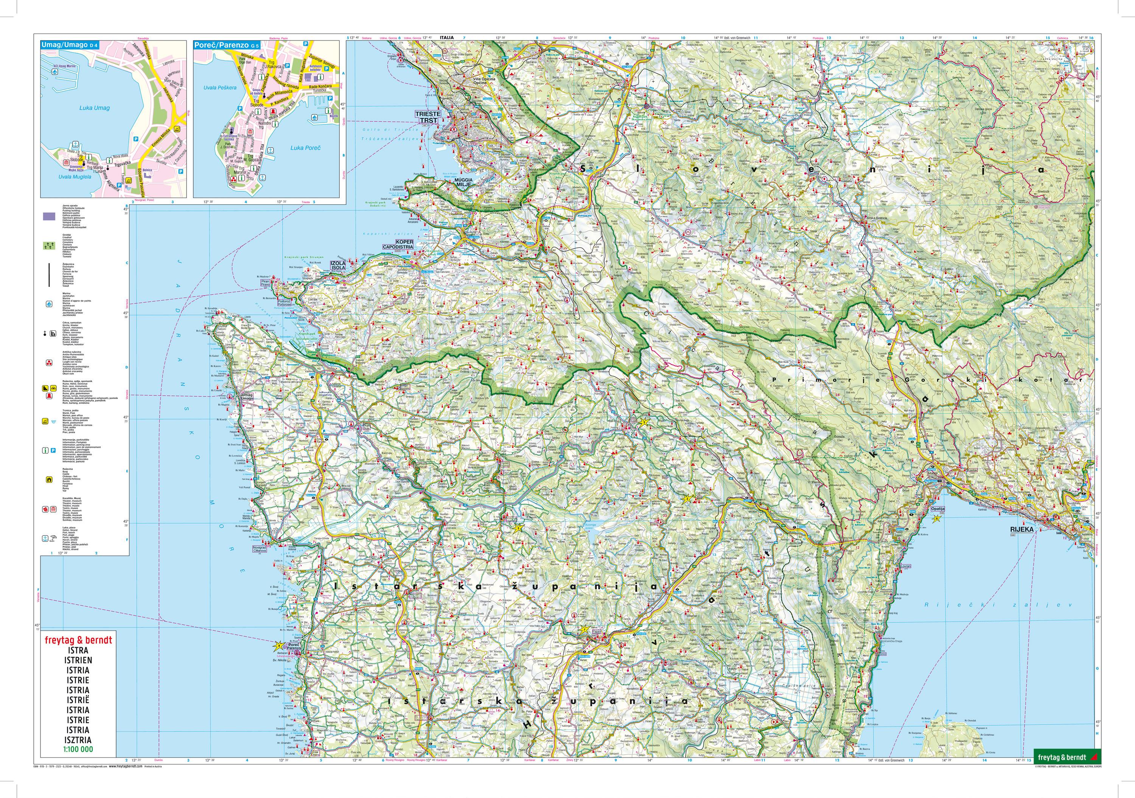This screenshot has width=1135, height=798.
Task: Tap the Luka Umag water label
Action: point(94,108)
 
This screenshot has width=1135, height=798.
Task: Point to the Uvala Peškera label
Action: point(220,87)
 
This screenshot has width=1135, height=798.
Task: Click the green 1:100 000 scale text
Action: point(78,749)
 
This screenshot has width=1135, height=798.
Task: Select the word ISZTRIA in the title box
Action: point(78,740)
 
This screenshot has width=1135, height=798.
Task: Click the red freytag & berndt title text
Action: point(78,640)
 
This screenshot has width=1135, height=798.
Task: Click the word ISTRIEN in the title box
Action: point(78,660)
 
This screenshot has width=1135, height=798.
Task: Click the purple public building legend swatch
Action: point(48,216)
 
